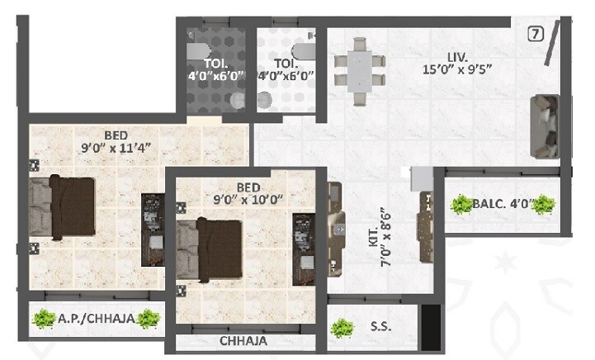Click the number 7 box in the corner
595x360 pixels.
[536, 34]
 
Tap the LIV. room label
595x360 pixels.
[458, 57]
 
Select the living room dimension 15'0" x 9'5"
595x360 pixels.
[458, 69]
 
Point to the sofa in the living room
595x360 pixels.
[546, 126]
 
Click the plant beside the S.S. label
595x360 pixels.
[339, 328]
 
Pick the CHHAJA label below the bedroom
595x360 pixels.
[243, 340]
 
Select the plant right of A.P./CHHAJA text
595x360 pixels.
[149, 318]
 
